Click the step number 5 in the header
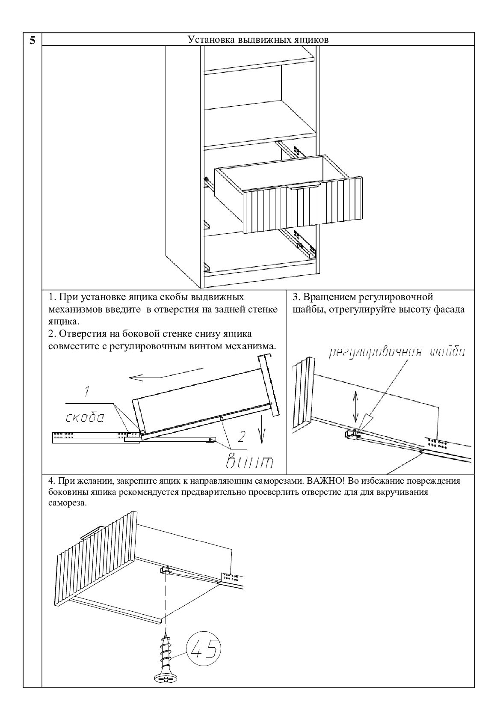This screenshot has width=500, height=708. point(33,40)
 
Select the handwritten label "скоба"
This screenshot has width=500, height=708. point(85,418)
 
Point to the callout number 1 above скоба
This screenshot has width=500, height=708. point(87,391)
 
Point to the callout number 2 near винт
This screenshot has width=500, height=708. point(241,437)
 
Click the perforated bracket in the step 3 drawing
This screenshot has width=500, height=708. point(436,444)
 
